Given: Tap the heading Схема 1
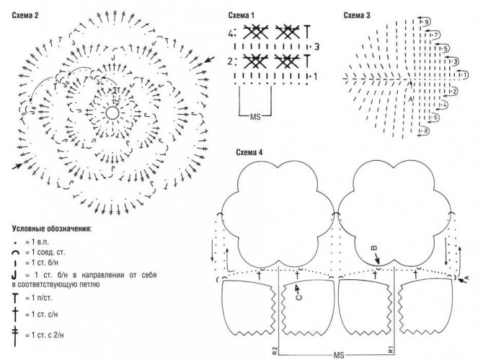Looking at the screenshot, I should click(x=242, y=14).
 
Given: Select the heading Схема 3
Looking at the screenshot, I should click(x=358, y=14).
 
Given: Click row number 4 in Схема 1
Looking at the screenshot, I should click(x=231, y=32).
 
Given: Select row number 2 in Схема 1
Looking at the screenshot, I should click(x=231, y=61).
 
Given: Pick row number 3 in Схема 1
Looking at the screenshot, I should click(x=316, y=48).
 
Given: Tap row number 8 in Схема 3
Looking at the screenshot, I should click(x=426, y=131).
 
